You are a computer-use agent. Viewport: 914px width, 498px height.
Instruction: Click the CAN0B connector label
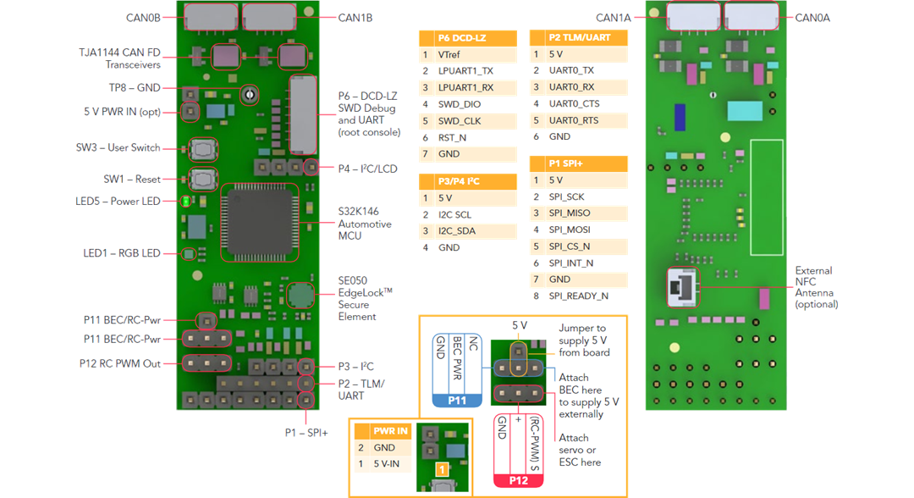[x=143, y=17]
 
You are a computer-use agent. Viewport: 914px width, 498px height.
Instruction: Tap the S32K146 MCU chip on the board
[x=260, y=222]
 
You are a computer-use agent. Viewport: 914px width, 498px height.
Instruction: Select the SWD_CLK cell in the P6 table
[x=460, y=121]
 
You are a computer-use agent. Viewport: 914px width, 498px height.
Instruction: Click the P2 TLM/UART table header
[x=579, y=38]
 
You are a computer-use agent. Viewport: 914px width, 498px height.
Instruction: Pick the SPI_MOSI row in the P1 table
[x=570, y=230]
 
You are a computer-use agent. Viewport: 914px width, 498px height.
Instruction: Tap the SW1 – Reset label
[x=132, y=180]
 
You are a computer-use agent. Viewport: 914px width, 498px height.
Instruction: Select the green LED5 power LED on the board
[x=185, y=202]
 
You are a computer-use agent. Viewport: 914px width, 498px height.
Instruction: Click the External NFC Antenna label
[x=814, y=287]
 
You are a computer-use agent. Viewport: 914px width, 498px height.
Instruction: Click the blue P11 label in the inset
[x=457, y=400]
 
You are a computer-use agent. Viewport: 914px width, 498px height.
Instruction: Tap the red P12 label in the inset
[x=518, y=480]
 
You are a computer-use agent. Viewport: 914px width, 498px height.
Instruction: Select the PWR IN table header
[x=390, y=430]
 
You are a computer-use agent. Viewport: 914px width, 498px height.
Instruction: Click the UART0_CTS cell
[x=574, y=104]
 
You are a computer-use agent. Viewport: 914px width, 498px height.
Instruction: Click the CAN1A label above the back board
[x=614, y=18]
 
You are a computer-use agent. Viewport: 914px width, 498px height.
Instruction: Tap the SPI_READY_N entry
[x=578, y=296]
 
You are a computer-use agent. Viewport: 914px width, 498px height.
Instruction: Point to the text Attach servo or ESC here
[x=580, y=450]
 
